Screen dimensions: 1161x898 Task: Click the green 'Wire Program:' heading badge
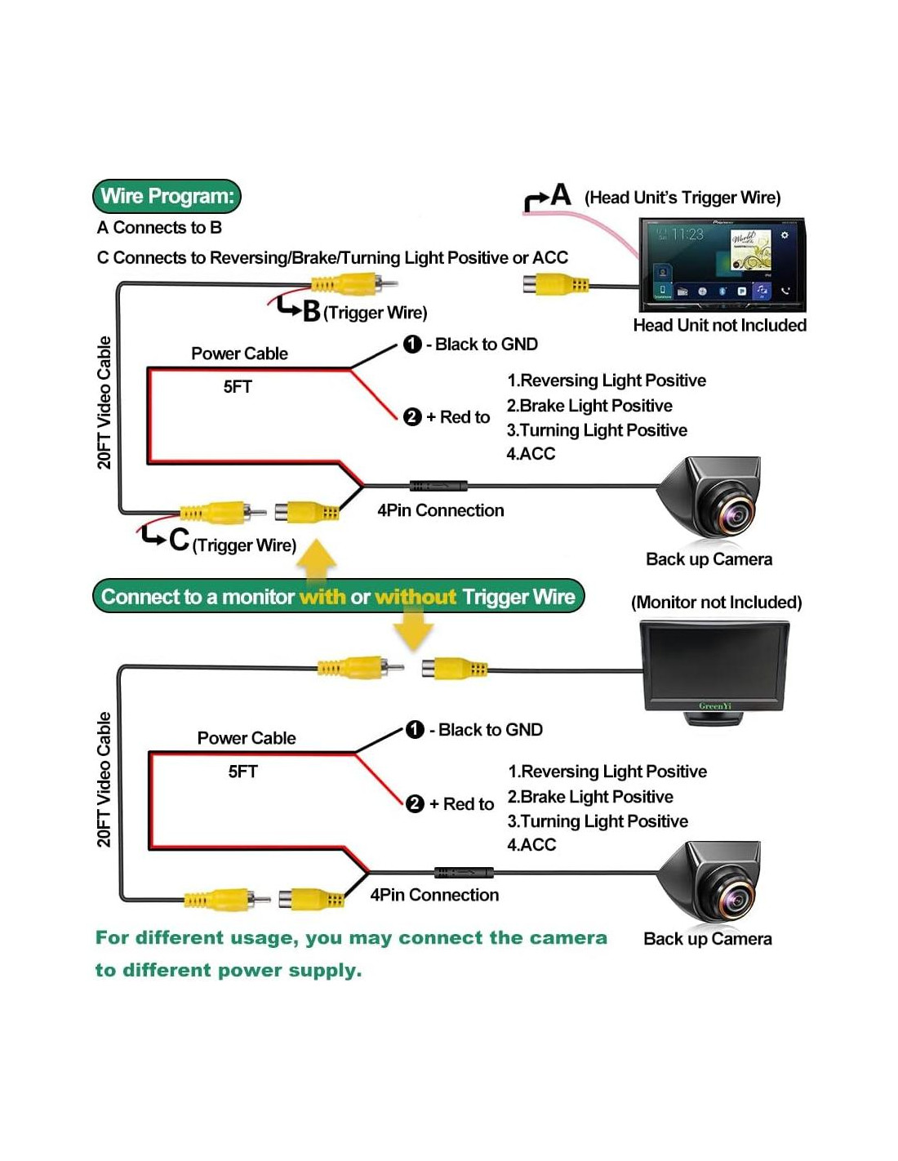pos(167,196)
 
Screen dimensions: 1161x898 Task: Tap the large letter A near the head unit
pos(561,194)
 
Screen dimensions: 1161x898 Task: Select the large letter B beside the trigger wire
pos(311,311)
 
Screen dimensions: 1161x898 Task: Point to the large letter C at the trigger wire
pos(179,540)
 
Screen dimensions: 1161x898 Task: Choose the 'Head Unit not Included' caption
pos(719,325)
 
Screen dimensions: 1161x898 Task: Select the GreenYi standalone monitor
pos(715,669)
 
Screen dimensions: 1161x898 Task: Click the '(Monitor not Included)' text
pos(716,603)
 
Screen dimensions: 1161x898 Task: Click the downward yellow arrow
pos(413,629)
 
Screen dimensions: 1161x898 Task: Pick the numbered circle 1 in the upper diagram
pos(412,345)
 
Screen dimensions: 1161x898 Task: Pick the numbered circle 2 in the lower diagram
pos(415,803)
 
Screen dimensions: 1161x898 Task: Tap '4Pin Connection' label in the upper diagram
pos(440,510)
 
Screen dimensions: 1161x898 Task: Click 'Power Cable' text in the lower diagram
pos(247,738)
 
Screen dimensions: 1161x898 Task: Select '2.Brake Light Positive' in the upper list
pos(589,406)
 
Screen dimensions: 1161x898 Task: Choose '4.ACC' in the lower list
pos(531,845)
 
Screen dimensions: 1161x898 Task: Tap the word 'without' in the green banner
pos(415,597)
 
